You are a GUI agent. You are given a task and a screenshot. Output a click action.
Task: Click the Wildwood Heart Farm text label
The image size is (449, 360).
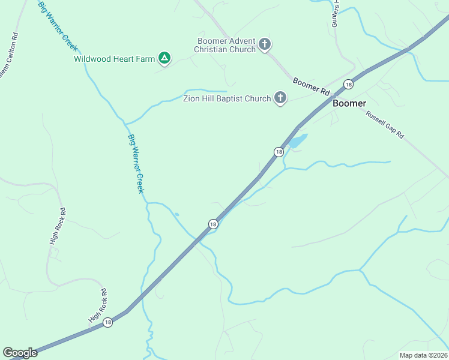pos(114,59)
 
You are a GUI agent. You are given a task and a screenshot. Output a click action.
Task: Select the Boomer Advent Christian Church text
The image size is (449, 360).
pos(226,45)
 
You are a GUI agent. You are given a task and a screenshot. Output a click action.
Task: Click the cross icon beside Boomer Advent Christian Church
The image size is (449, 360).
pos(265,44)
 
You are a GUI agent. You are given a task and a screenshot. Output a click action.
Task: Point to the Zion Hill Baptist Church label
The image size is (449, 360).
pos(227,98)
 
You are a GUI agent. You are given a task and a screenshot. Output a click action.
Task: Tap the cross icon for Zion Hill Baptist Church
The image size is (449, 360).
pos(280,97)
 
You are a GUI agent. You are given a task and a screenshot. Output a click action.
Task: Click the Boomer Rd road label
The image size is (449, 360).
pos(312,86)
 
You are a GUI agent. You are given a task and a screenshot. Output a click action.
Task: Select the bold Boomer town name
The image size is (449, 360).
pos(349,103)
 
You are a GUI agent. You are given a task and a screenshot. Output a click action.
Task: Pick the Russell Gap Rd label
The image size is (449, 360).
pos(386,124)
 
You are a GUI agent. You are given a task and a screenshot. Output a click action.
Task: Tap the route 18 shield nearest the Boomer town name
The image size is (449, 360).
pos(348,85)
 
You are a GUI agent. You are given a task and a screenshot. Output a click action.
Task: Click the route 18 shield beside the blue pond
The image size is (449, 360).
pos(279,152)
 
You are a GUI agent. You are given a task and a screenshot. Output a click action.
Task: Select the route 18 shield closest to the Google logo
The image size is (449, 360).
pos(107,322)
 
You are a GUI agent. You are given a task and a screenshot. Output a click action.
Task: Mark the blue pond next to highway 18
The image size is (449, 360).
pos(298,140)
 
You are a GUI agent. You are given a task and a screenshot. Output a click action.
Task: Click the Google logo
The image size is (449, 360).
pos(20,353)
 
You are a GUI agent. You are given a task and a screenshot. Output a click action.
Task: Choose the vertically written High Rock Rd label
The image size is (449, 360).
pos(57,226)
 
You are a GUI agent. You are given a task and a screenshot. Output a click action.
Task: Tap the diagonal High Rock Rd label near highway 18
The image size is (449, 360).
pos(97,304)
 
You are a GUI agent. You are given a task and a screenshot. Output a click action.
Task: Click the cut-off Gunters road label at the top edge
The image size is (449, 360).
pos(336,10)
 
